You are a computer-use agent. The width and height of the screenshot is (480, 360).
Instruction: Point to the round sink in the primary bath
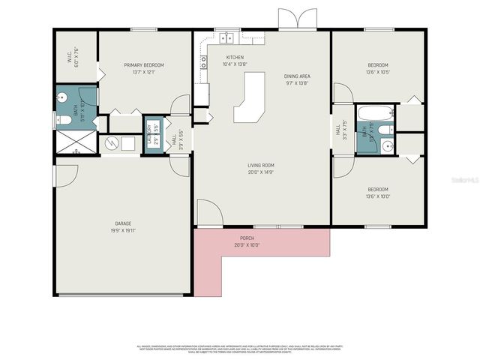(64, 97)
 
